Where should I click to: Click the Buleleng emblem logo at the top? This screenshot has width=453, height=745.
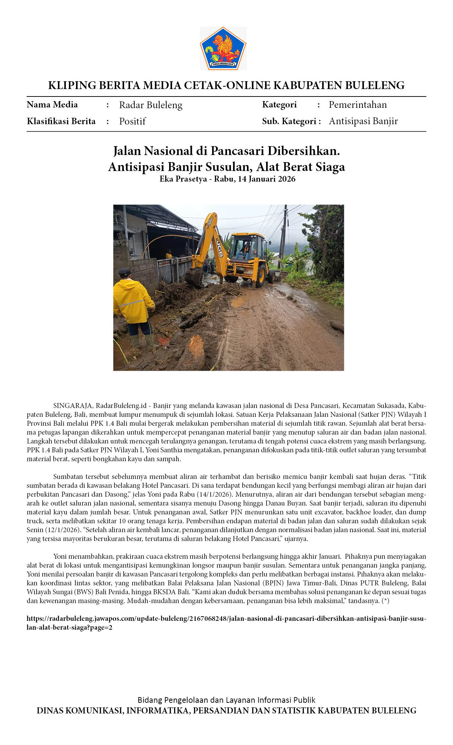tap(223, 49)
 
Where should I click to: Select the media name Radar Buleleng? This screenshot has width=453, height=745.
tap(151, 105)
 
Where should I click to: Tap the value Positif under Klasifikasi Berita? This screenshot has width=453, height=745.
tap(132, 121)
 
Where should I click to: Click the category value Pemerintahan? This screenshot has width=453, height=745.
tap(357, 105)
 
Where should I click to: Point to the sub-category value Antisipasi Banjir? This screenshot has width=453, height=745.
tap(363, 121)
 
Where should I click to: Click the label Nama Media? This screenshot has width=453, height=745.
tap(52, 105)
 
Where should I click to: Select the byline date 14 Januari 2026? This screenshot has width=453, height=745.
tap(266, 179)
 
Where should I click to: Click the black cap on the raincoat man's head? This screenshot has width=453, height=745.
tap(124, 272)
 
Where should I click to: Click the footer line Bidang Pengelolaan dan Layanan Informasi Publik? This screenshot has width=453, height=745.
tap(226, 700)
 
